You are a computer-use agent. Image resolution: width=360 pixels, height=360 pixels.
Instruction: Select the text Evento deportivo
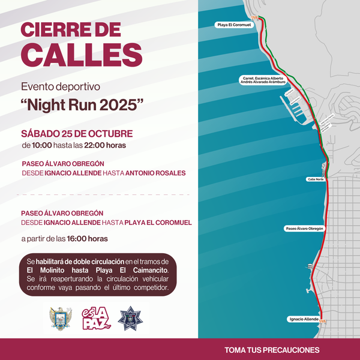60,86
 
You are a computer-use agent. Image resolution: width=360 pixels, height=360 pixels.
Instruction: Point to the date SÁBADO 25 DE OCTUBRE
77,133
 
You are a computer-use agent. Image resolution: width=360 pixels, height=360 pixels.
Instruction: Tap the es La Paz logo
96,318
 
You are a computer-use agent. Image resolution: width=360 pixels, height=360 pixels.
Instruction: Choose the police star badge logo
130,319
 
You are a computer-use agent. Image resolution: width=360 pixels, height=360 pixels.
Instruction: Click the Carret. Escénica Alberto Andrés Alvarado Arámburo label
263,80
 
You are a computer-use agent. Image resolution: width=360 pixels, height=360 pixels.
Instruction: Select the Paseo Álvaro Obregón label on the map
304,229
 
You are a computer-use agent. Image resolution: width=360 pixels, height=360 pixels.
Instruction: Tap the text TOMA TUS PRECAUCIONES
272,350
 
